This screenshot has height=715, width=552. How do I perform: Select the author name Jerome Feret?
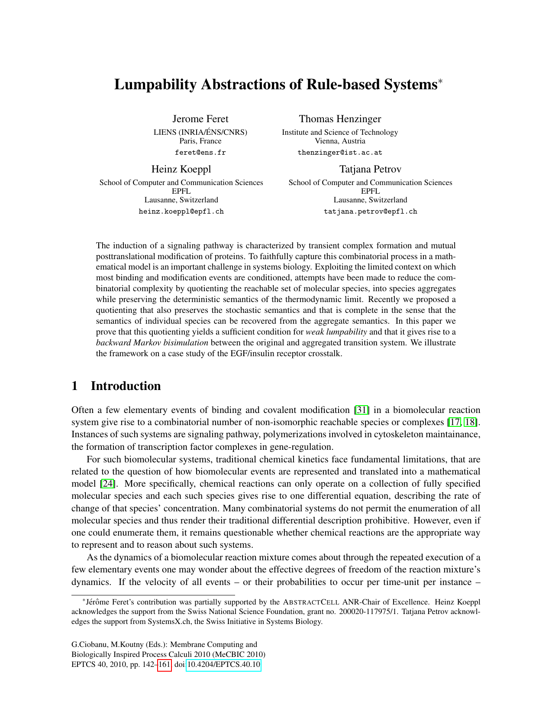[x=200, y=119]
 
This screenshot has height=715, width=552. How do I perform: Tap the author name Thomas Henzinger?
[x=340, y=119]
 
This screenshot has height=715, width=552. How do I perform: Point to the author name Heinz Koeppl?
[x=181, y=169]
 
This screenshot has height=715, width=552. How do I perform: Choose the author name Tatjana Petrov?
[x=370, y=169]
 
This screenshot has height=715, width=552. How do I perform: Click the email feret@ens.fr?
[x=200, y=153]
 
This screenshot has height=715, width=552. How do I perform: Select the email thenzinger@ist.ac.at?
[x=340, y=153]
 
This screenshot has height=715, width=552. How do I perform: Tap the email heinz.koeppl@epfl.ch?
[x=181, y=211]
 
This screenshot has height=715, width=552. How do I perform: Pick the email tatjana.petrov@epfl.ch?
[x=370, y=211]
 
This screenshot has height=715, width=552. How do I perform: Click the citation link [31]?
[x=362, y=410]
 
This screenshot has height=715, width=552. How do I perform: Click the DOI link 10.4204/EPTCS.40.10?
[x=223, y=665]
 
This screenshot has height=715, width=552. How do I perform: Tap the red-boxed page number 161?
[x=165, y=665]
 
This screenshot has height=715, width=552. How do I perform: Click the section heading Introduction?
[x=126, y=386]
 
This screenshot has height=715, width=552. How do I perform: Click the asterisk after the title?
[x=440, y=81]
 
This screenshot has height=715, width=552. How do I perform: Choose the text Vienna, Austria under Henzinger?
[x=340, y=141]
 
